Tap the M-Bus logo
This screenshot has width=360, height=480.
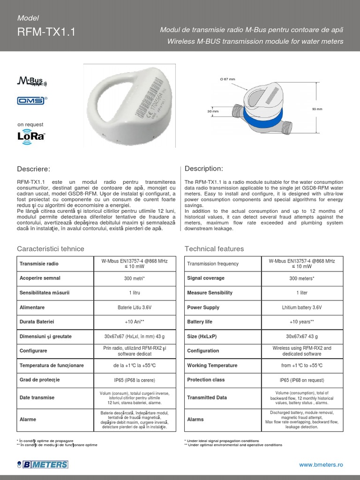30,81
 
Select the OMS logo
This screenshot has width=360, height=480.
31,100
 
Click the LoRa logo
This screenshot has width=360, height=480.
31,136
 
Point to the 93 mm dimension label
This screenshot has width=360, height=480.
317,109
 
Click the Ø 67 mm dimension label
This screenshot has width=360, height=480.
227,79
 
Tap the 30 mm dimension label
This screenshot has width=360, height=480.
213,111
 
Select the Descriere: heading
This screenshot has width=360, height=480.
33,169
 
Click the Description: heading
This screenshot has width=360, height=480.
204,168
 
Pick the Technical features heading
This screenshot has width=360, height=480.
214,248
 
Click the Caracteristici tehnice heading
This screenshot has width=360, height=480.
51,248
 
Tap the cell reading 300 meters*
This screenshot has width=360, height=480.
302,278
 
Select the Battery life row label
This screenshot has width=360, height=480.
199,322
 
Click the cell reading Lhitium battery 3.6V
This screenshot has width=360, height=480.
302,307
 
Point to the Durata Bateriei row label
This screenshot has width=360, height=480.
37,322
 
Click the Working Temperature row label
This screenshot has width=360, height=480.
212,366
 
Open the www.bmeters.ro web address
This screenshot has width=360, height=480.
321,464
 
